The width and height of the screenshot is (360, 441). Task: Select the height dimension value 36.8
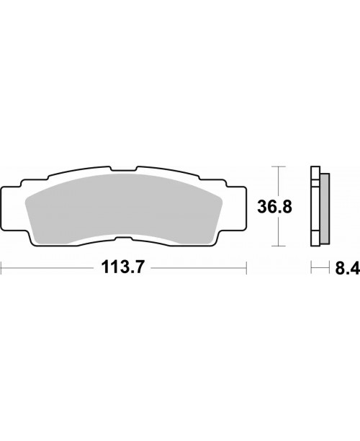276,207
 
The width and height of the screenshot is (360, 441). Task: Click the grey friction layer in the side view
325,206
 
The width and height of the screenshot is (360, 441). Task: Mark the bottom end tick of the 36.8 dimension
276,247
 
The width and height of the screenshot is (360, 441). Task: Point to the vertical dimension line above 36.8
276,180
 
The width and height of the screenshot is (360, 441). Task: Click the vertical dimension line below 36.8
276,232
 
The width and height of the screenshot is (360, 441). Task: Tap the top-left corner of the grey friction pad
29,196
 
